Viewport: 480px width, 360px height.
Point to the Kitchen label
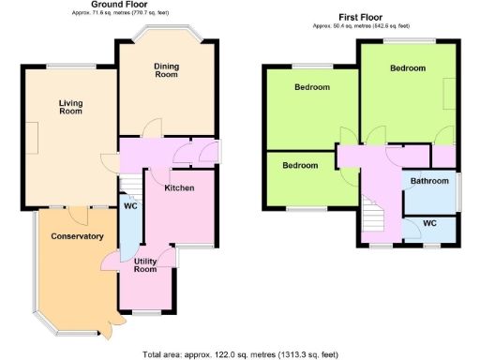coord(179,188)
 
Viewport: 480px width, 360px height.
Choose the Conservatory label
coord(77,236)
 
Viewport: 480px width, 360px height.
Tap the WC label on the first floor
coord(429,224)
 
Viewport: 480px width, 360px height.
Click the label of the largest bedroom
coord(408,68)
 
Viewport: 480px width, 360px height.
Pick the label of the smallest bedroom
coord(300,165)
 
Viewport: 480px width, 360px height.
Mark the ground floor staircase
coord(132,183)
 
